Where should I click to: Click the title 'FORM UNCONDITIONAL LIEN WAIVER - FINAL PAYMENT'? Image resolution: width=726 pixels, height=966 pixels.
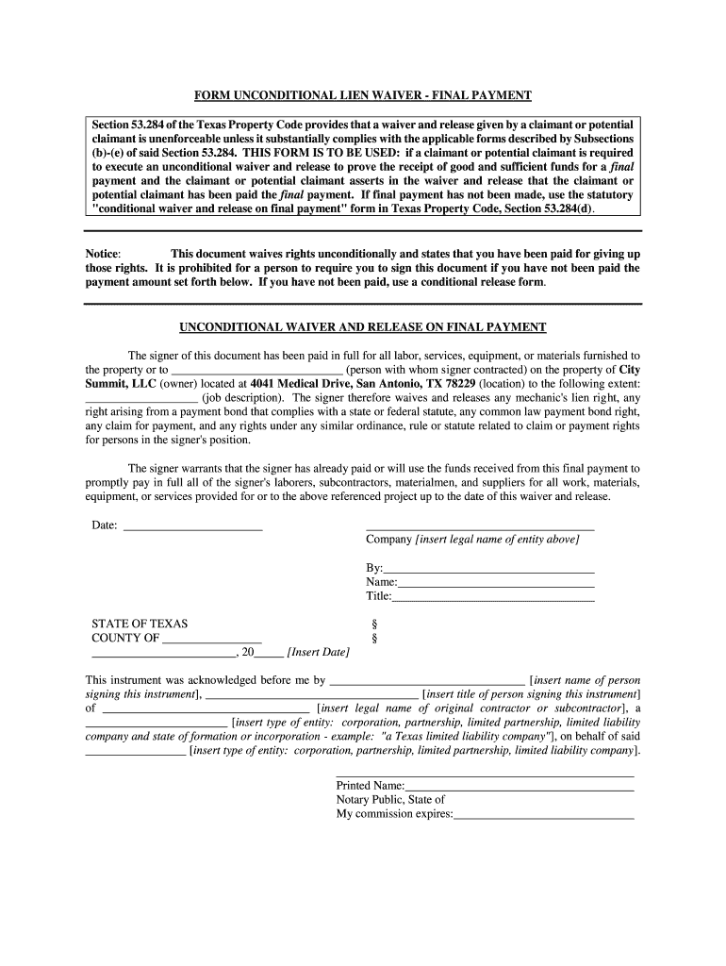pos(363,96)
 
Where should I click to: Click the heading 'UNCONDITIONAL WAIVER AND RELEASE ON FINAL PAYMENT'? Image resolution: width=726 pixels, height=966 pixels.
pos(363,327)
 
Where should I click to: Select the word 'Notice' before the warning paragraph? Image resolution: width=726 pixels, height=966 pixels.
pos(103,255)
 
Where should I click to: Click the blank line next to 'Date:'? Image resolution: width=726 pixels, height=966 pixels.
pos(193,525)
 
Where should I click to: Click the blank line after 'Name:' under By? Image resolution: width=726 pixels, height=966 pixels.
pos(496,583)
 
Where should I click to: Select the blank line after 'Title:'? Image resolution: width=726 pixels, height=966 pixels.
pos(493,597)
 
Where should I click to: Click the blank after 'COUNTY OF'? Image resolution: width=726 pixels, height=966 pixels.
pos(212,638)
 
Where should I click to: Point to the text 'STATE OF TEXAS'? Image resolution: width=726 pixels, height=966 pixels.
pos(140,624)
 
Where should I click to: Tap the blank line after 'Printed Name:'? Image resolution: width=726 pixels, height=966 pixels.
pos(520,785)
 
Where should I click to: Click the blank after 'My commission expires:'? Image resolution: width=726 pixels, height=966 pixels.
pos(544,813)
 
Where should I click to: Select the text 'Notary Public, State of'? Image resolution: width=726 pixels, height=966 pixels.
pos(390,799)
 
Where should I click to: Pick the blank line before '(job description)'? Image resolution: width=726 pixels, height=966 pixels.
pos(141,398)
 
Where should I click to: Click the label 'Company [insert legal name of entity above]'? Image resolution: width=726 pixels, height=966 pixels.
pos(472,540)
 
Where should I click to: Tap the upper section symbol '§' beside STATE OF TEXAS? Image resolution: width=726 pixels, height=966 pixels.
pos(376,624)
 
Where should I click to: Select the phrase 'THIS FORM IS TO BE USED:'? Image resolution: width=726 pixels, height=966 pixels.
pos(318,151)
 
